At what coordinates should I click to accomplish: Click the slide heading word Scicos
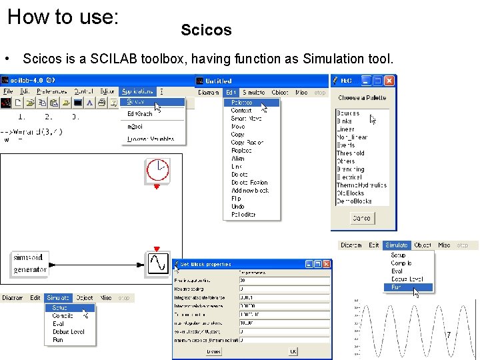206,30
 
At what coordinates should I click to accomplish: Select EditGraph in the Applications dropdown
140,114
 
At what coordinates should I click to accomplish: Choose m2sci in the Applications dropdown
136,126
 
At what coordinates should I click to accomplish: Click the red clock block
157,171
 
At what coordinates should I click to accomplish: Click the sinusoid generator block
30,263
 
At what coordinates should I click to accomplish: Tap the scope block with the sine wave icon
157,263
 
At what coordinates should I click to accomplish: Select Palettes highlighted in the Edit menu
241,103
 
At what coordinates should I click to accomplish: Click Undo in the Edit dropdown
238,207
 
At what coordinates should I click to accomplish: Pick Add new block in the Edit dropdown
250,191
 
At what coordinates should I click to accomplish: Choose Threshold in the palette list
351,153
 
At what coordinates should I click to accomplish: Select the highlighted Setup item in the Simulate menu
59,308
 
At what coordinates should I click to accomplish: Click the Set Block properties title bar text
207,264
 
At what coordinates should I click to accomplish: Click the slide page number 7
449,335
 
